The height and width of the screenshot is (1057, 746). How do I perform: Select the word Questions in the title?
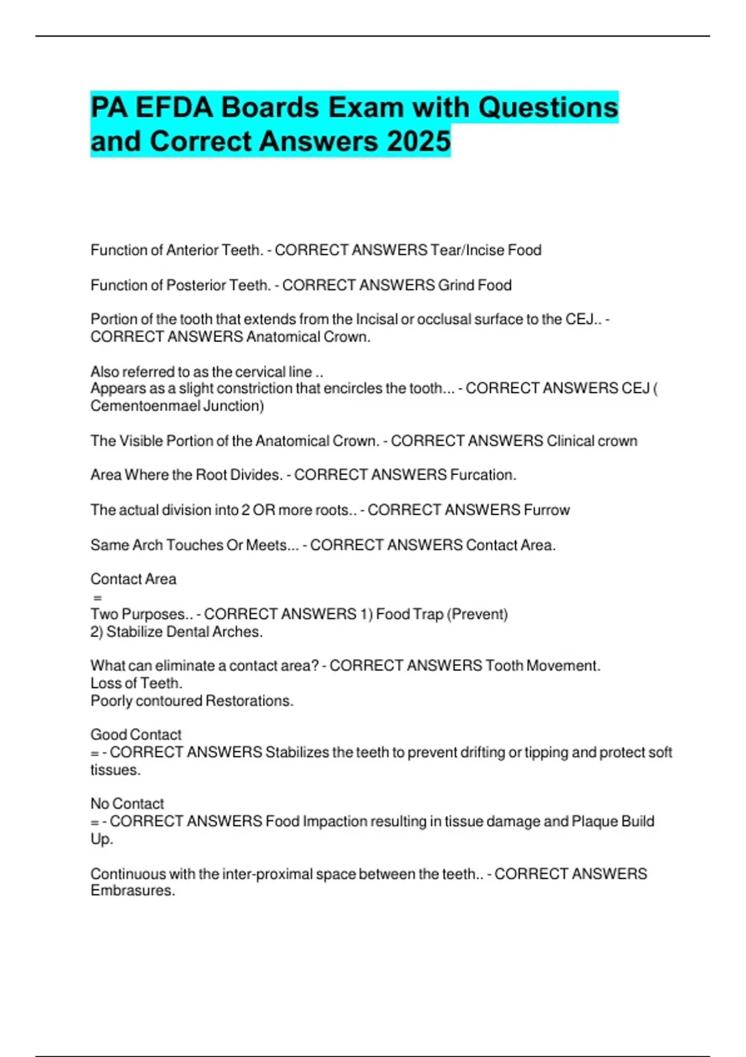click(x=548, y=108)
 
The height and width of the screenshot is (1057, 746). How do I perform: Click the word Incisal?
click(x=377, y=320)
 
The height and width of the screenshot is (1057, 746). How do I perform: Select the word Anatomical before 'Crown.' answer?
click(x=282, y=337)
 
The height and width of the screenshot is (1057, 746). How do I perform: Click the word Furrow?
click(x=546, y=510)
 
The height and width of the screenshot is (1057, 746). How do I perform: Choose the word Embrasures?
click(x=132, y=890)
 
